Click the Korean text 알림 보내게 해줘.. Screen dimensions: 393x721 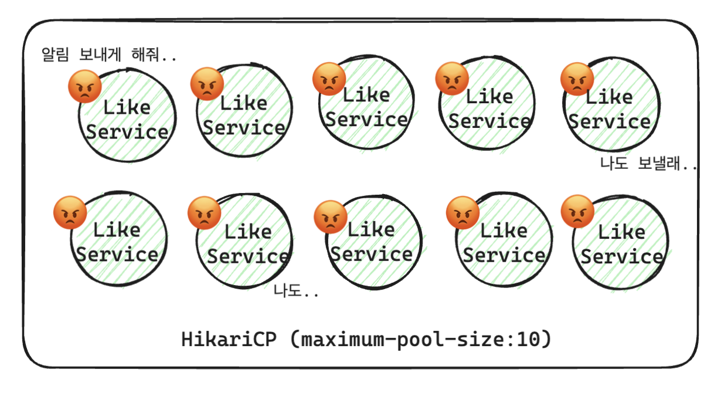pyautogui.click(x=108, y=56)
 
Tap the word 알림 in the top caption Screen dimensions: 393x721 pyautogui.click(x=55, y=56)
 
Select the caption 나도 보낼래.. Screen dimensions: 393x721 pyautogui.click(x=648, y=164)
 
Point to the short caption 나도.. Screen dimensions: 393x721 pyautogui.click(x=296, y=291)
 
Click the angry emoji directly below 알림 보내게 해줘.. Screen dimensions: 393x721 pyautogui.click(x=85, y=86)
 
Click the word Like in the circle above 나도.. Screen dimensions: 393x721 pyautogui.click(x=247, y=232)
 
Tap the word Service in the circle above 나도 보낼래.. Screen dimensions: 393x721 pyautogui.click(x=610, y=121)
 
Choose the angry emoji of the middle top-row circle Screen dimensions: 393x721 pyautogui.click(x=329, y=79)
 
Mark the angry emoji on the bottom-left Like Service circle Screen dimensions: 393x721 pyautogui.click(x=70, y=212)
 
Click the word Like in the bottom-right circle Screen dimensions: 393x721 pyautogui.click(x=621, y=232)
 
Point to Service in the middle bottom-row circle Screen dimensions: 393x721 pyautogui.click(x=371, y=254)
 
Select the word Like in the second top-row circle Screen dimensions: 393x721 pyautogui.click(x=243, y=104)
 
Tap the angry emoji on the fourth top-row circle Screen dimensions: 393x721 pyautogui.click(x=452, y=79)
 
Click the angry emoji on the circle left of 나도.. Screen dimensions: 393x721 pyautogui.click(x=204, y=212)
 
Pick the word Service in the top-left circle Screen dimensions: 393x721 pyautogui.click(x=127, y=131)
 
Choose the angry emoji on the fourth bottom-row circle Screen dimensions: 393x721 pyautogui.click(x=462, y=212)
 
